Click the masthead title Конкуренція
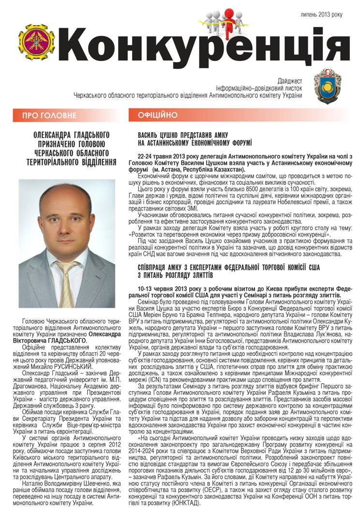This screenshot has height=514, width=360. coord(203,48)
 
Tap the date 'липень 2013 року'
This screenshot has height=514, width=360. coord(322,15)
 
